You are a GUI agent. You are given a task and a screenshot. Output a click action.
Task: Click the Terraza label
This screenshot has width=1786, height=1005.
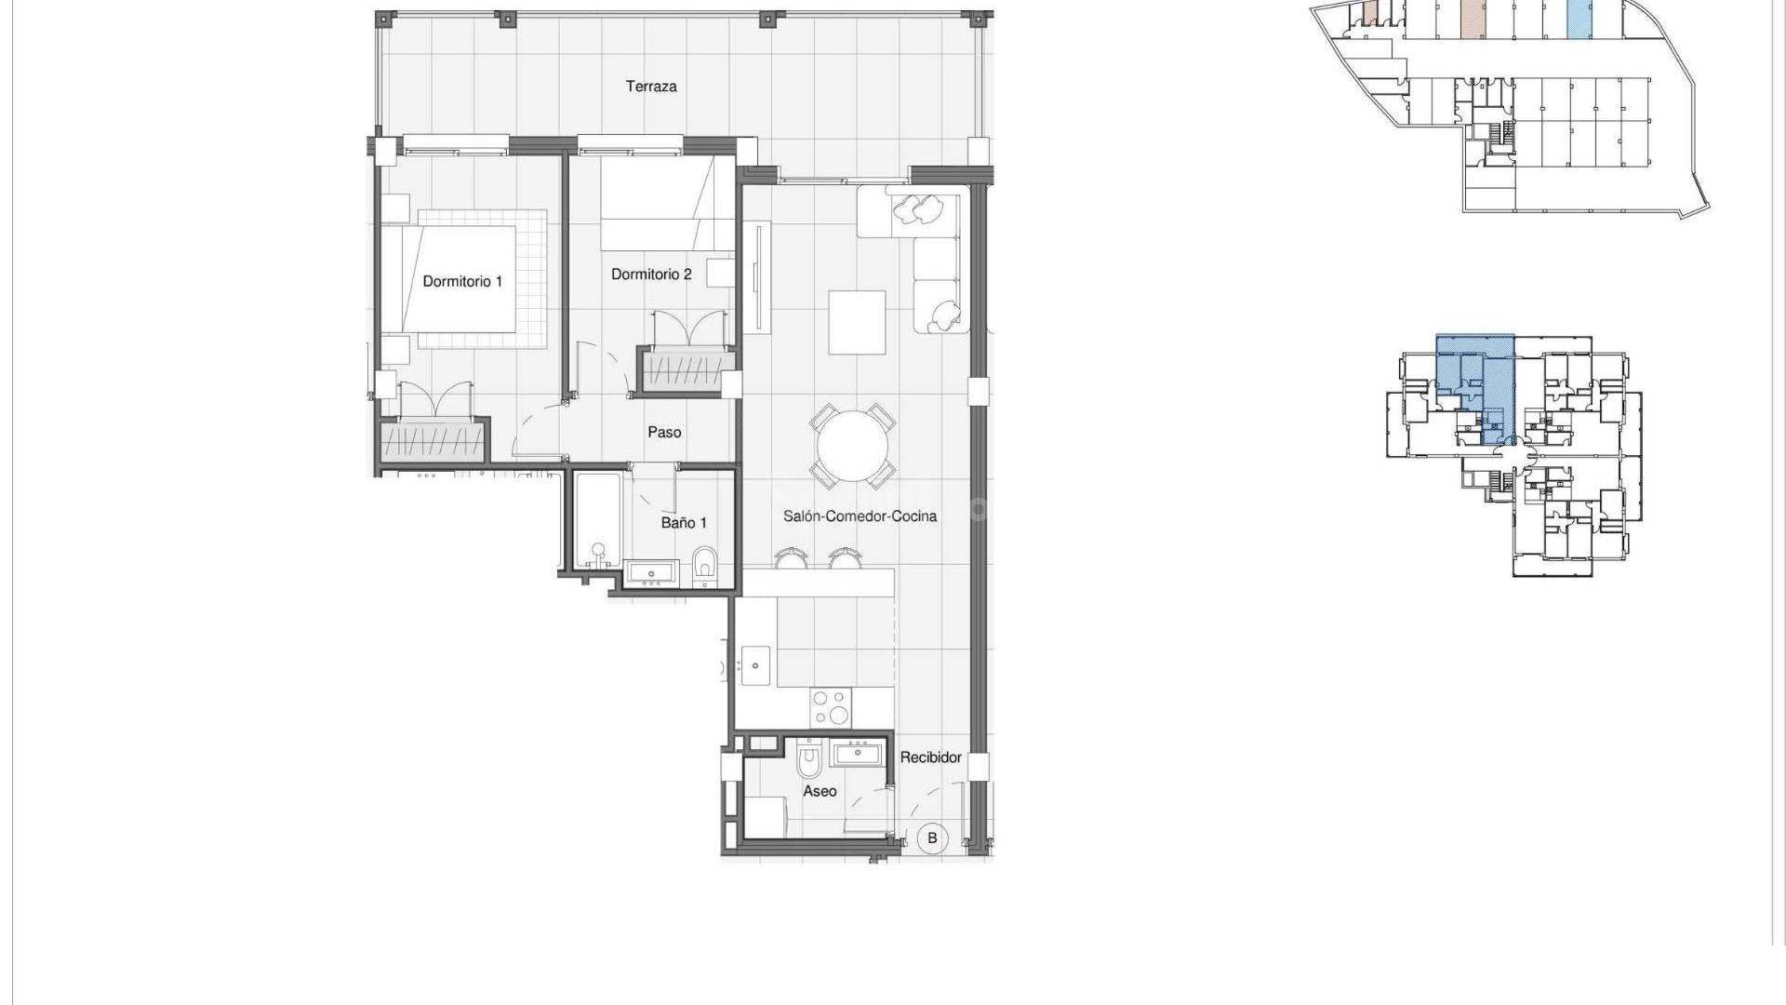[x=651, y=87]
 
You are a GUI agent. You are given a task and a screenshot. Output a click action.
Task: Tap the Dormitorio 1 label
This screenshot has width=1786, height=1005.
[x=462, y=281]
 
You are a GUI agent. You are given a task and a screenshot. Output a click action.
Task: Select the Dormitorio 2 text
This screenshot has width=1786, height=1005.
[x=651, y=274]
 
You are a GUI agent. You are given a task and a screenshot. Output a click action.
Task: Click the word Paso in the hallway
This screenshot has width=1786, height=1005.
[x=664, y=432]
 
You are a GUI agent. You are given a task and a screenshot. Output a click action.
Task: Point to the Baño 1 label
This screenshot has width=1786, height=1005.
[x=684, y=522]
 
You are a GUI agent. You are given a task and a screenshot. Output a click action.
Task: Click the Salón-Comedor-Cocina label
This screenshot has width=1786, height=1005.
[x=860, y=516]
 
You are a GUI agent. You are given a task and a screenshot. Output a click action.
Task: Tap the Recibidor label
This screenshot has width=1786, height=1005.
[x=930, y=757]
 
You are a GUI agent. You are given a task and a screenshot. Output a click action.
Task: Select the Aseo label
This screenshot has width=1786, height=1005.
[x=820, y=791]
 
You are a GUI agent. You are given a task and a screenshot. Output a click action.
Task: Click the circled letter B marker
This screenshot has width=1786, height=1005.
[x=932, y=837]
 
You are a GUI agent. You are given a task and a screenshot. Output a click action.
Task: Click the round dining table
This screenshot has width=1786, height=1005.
[x=853, y=446]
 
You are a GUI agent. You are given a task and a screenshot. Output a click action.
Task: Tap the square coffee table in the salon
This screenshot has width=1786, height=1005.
[x=857, y=322]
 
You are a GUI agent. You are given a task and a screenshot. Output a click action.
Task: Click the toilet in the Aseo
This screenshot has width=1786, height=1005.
[x=810, y=760]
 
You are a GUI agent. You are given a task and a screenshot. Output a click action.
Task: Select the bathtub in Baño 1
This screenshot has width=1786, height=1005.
[x=596, y=521]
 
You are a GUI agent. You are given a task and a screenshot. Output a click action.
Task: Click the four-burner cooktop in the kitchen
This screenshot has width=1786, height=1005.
[x=830, y=706]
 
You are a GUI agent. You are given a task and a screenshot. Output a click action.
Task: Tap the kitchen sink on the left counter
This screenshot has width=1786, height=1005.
[x=755, y=664]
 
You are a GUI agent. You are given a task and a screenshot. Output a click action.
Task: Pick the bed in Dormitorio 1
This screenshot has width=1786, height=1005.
[x=460, y=278]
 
